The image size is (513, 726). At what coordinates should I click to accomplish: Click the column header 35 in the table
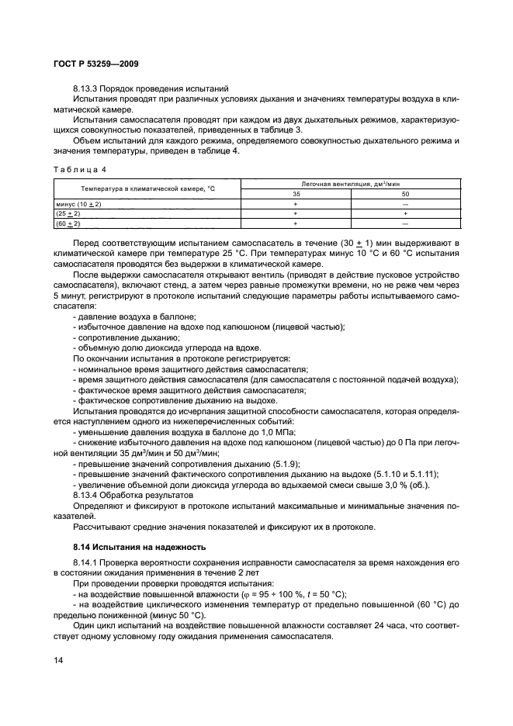pos(296,193)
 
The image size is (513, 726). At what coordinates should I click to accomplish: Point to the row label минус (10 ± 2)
pos(78,203)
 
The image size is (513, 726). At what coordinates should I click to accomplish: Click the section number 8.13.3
pos(85,89)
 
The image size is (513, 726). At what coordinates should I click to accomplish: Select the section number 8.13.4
pos(85,493)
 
